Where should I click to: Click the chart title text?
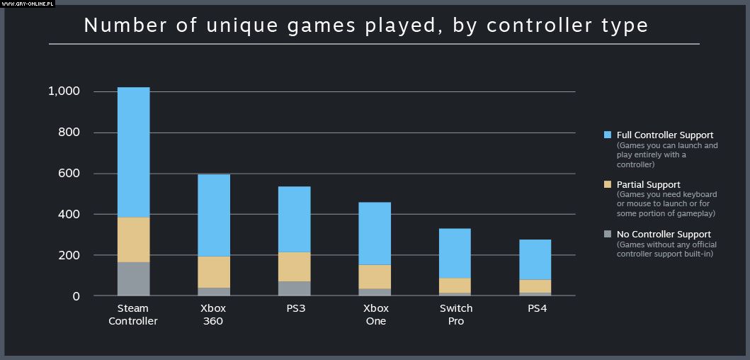(365, 26)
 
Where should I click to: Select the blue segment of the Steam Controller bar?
(133, 152)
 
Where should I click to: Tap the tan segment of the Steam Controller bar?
(133, 240)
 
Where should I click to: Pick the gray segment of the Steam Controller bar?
(133, 279)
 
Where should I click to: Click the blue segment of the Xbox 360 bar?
(213, 215)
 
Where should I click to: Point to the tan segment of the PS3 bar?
(294, 266)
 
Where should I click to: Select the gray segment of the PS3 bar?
(294, 288)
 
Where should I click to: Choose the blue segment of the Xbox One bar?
(375, 233)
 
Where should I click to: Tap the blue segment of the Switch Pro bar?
(455, 253)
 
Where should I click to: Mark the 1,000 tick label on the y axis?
(64, 91)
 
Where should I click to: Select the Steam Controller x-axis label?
(133, 315)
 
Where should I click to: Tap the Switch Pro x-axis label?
(455, 315)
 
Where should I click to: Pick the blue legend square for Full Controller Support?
(608, 135)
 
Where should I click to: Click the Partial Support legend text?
(649, 185)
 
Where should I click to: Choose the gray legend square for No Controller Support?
(608, 234)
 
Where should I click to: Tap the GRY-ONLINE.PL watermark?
(29, 4)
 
